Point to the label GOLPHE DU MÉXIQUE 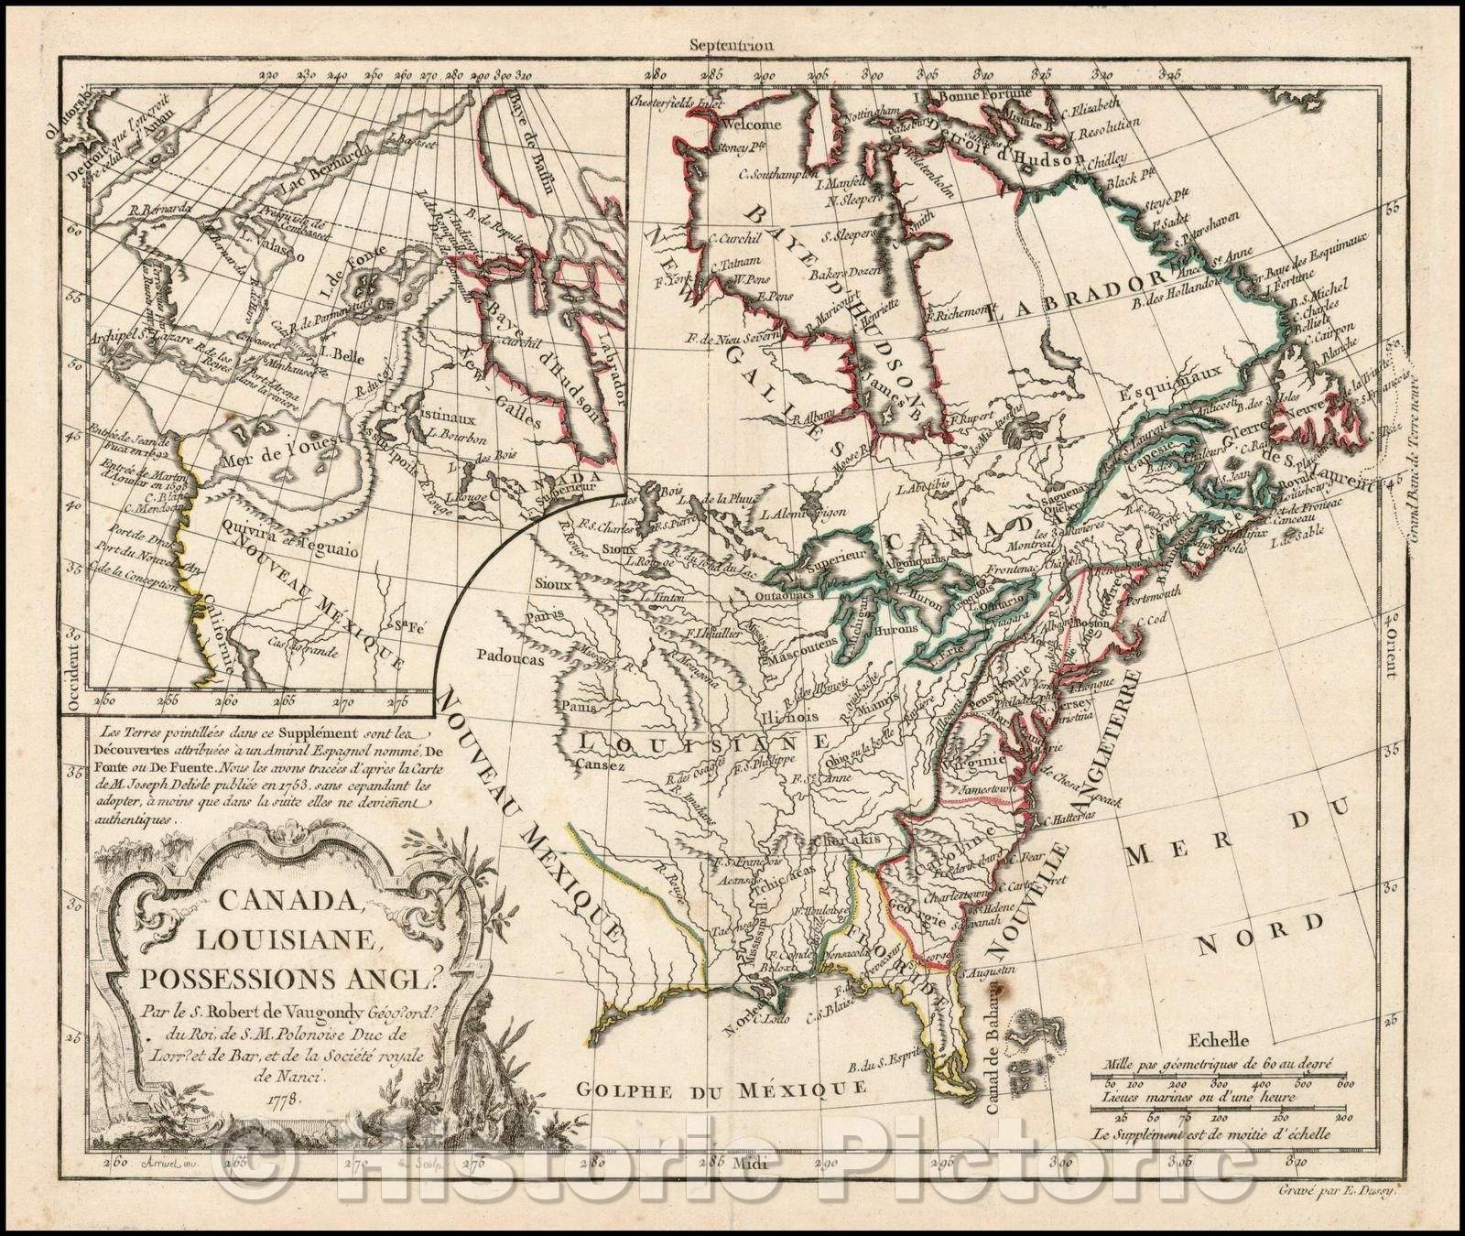click(721, 1088)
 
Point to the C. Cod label click(1146, 626)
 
